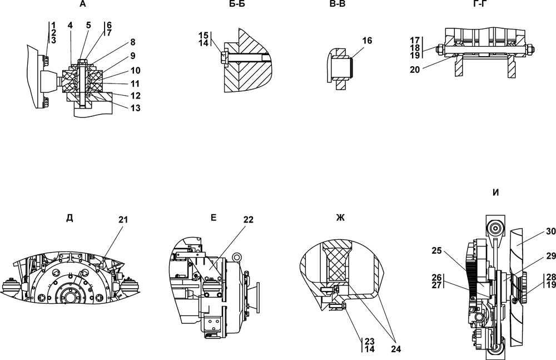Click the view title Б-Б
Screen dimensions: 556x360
(x=237, y=4)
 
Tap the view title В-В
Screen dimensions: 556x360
(x=337, y=4)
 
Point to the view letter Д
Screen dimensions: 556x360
(x=69, y=218)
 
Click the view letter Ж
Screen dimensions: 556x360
(x=340, y=218)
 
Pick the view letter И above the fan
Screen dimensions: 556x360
(x=496, y=193)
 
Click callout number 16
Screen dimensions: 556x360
(x=367, y=41)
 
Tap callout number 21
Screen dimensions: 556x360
(x=123, y=220)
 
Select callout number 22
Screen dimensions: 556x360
(x=249, y=220)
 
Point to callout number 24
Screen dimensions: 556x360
(x=396, y=349)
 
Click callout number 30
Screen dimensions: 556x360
(x=550, y=231)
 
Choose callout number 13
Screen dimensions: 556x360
(x=136, y=107)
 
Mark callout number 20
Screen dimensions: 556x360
(x=415, y=70)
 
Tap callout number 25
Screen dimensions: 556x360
(x=437, y=250)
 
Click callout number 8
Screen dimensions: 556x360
(x=133, y=42)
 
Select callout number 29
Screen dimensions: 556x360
(x=550, y=255)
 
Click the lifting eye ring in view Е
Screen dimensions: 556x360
(x=236, y=257)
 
